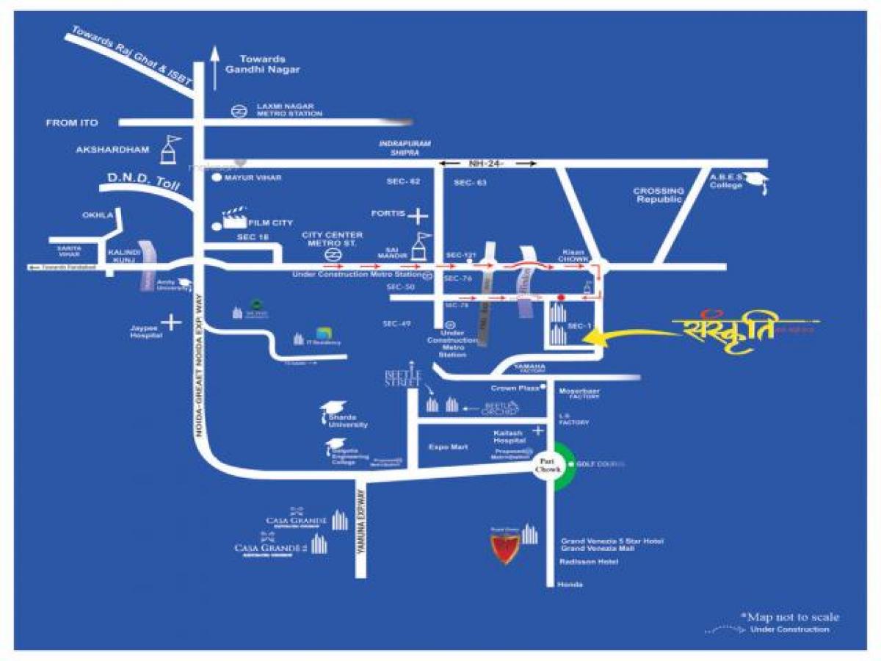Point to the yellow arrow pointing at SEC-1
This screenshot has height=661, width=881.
coord(624,335)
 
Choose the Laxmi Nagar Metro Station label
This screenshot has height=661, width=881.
coord(289,110)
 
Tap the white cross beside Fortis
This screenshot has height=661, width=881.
coord(419,216)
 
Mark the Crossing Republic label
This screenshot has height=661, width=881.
coord(659,195)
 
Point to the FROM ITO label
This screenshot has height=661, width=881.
coord(71,123)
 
